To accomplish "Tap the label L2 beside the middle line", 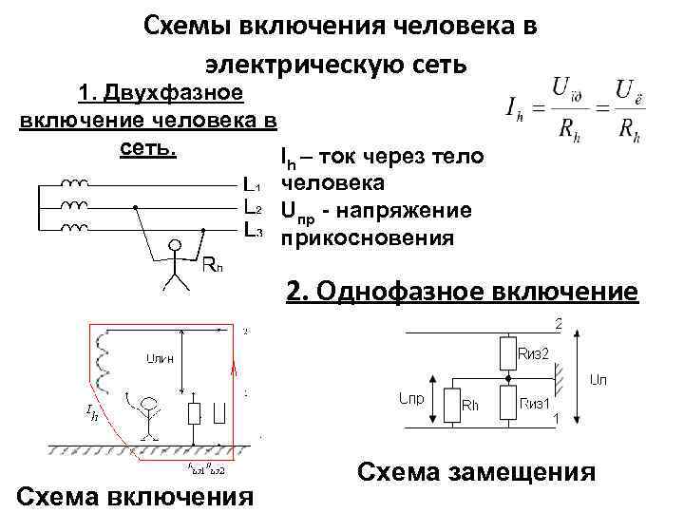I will (x=253, y=206).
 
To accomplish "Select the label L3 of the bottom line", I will (x=253, y=229).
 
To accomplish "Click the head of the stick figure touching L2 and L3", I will (x=175, y=244).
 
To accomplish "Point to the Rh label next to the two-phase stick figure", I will (x=213, y=264).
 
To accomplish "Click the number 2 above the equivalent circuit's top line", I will (x=559, y=323).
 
